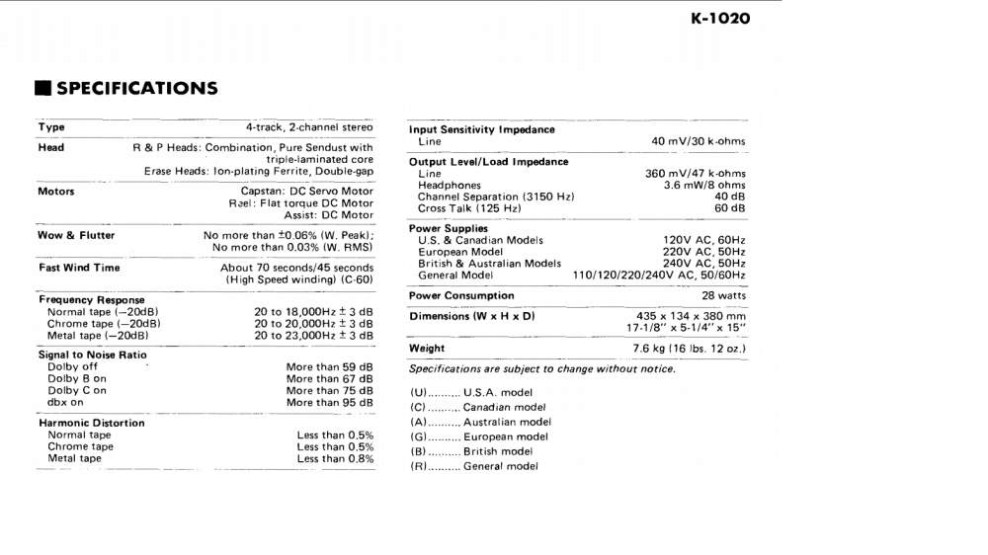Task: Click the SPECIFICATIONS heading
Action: (x=136, y=88)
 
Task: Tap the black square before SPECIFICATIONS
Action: (x=42, y=89)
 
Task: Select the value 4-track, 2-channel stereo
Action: (x=309, y=127)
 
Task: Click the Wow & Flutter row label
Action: (x=76, y=235)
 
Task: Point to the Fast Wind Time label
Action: (x=79, y=268)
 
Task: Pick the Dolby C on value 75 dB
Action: (x=330, y=391)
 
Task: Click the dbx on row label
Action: (x=67, y=403)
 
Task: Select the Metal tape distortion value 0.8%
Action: (x=335, y=458)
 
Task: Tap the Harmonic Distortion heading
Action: (x=91, y=423)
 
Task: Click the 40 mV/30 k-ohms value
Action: (x=699, y=141)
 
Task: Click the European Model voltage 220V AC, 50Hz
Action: (x=704, y=252)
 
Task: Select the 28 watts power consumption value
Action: (x=724, y=295)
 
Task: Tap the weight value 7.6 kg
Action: (x=689, y=349)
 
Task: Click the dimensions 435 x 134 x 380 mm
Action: (x=691, y=316)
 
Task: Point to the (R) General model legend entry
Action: (x=475, y=466)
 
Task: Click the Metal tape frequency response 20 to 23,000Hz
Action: (x=313, y=336)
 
